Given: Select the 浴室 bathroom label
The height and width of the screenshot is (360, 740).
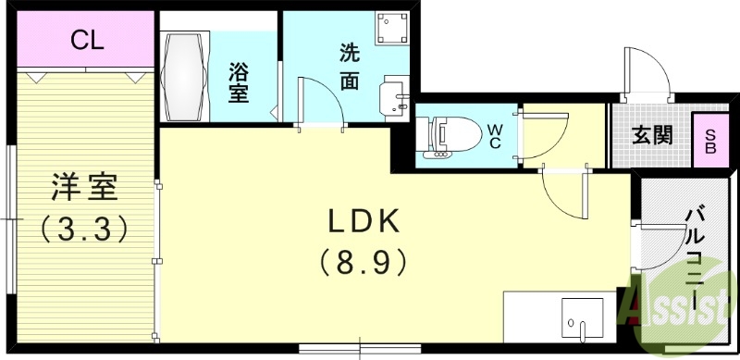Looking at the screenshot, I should (239, 81).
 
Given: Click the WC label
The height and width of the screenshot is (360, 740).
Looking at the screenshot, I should (495, 135).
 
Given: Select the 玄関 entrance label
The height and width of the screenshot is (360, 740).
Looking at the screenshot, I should (652, 135).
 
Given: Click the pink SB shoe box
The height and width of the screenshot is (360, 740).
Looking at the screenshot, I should (710, 140).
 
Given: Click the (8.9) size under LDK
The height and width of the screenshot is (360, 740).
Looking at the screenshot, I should (364, 263).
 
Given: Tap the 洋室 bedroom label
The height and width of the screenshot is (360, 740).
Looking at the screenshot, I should (82, 189).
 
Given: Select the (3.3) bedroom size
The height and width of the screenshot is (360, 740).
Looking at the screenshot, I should (82, 228).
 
